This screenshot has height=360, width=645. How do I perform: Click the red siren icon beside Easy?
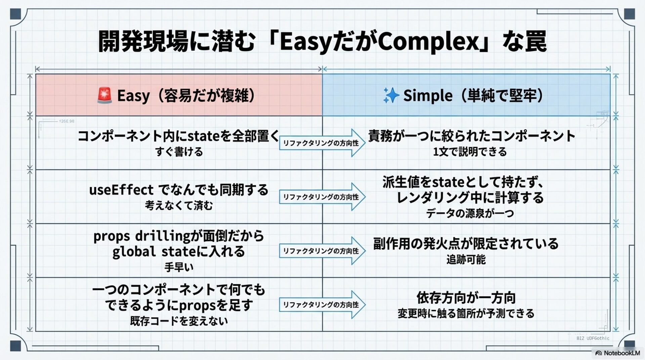point(104,95)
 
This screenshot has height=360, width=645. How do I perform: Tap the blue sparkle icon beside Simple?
point(391,95)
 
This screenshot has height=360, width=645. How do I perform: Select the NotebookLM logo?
point(618,353)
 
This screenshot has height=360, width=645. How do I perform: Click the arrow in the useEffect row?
point(322,197)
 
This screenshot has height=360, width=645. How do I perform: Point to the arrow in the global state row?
point(322,251)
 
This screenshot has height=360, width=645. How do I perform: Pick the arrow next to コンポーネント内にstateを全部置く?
point(322,143)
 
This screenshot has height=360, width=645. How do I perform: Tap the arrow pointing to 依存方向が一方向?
point(322,305)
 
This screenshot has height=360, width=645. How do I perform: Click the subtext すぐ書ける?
point(179,152)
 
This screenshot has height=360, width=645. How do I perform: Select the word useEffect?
point(121,190)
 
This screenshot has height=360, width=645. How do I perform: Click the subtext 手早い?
point(179,267)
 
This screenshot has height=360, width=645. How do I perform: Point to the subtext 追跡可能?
point(466,260)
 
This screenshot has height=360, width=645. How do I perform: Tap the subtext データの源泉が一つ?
point(470,213)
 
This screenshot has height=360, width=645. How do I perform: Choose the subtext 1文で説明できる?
point(470,152)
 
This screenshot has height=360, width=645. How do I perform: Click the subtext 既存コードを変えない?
point(179,321)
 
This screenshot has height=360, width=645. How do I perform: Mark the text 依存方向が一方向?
point(466,298)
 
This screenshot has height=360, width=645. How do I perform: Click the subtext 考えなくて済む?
point(179,206)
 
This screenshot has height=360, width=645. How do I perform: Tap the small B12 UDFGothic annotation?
point(593,338)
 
